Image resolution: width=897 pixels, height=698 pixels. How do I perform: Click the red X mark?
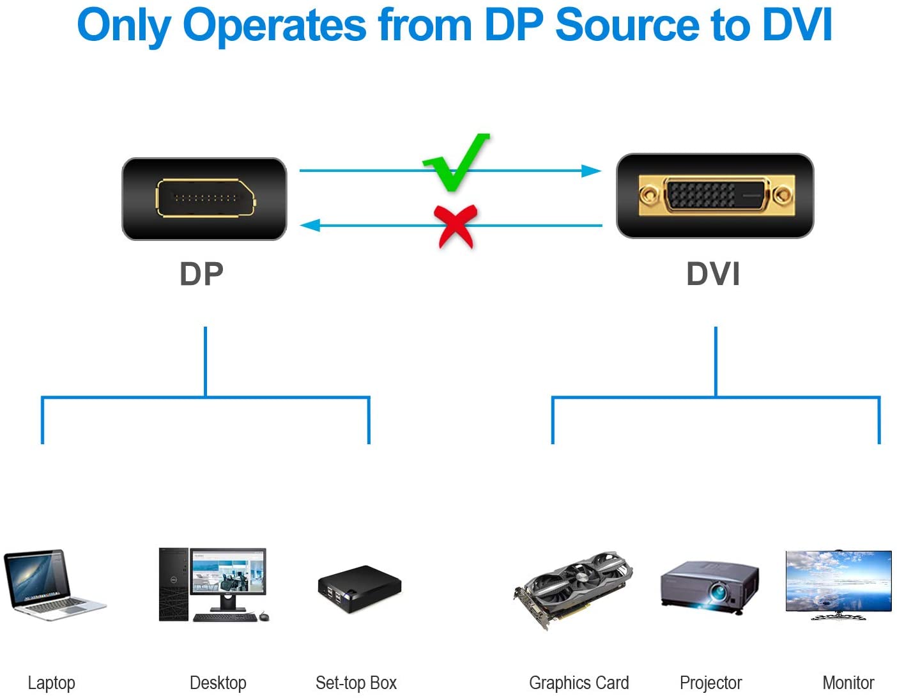456,226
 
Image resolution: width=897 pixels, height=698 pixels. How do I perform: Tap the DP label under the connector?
201,274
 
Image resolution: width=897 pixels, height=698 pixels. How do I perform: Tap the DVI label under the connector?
713,274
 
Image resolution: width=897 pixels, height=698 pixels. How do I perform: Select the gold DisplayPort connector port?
205,198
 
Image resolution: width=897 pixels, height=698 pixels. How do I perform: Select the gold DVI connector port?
716,195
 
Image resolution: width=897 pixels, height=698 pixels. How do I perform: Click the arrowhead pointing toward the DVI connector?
591,171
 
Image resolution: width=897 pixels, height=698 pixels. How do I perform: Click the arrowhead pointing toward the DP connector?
310,225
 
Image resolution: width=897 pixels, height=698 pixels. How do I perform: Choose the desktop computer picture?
213,584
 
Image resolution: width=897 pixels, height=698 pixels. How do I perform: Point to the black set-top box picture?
359,588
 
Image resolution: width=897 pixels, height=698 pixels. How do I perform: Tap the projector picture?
710,587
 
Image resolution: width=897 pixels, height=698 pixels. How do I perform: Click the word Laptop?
51,683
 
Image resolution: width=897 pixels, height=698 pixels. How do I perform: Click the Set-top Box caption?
356,683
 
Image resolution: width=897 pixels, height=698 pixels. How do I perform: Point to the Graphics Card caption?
579,683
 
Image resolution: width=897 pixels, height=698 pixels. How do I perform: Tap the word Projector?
710,683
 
